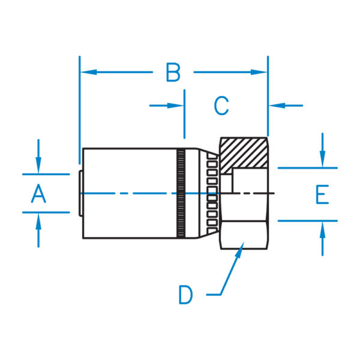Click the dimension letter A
(38, 193)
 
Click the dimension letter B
(173, 73)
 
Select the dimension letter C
(221, 106)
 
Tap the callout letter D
(186, 295)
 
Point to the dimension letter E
(322, 195)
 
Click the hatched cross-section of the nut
(243, 153)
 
